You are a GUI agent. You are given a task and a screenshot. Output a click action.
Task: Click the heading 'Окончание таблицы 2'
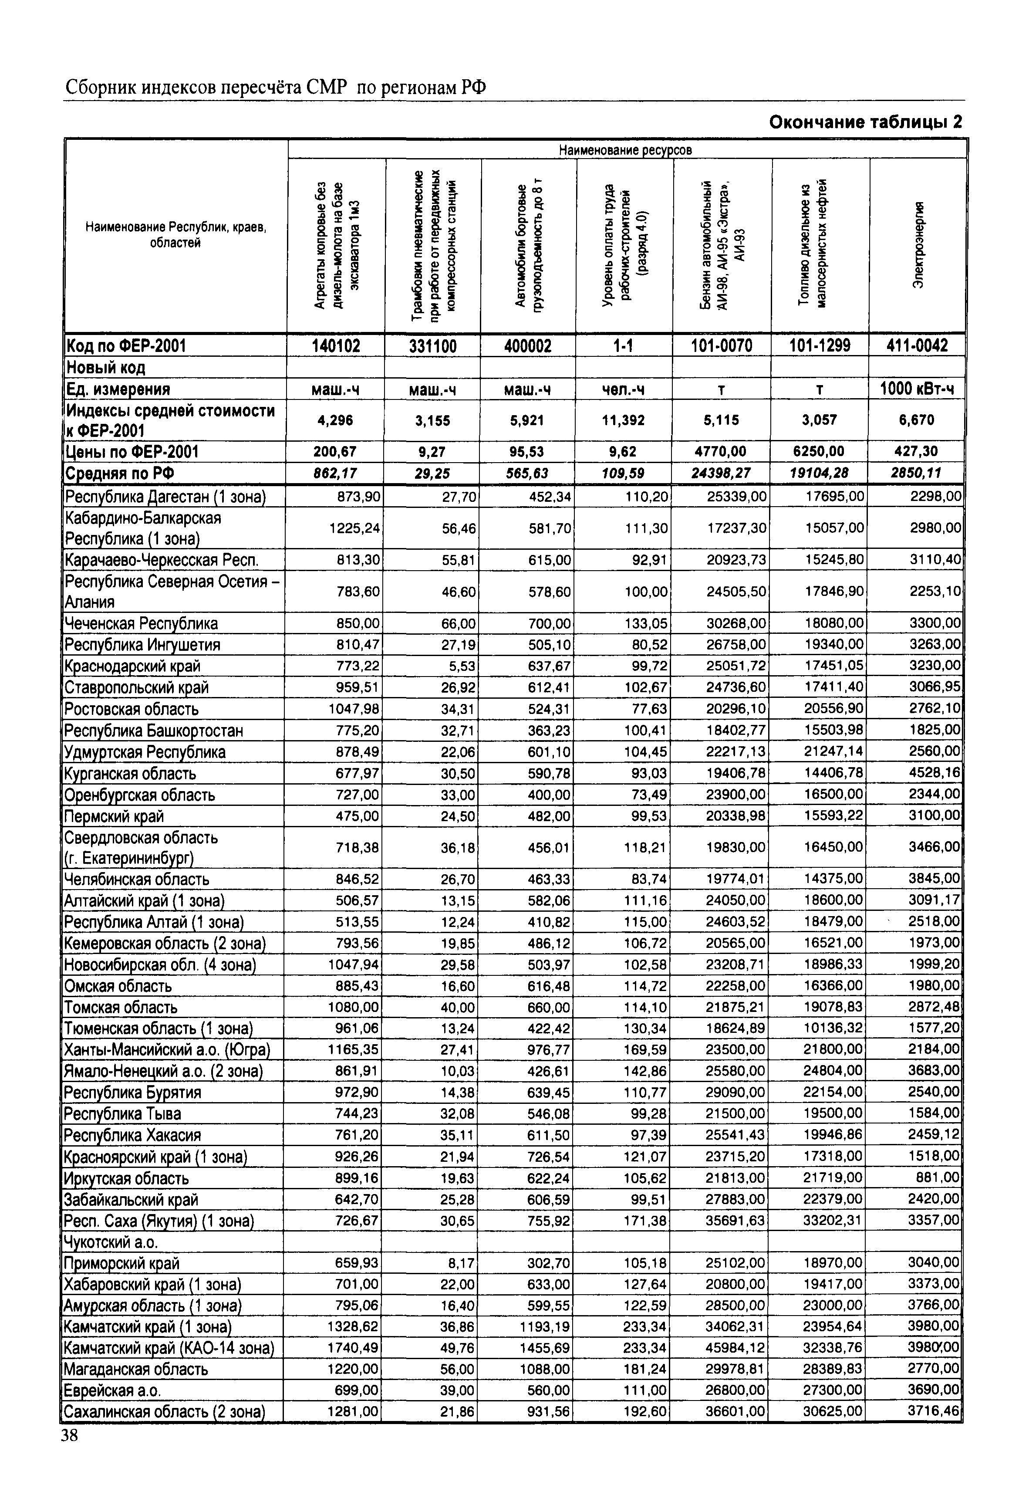tap(865, 122)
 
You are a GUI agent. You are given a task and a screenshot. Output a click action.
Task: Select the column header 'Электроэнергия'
tap(918, 245)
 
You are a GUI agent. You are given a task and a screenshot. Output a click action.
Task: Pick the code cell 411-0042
tap(918, 345)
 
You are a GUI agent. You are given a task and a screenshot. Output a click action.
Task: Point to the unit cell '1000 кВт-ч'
tap(918, 389)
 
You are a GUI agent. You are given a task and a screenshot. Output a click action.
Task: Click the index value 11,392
tap(624, 420)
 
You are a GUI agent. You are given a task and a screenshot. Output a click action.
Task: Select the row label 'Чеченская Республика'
tap(141, 623)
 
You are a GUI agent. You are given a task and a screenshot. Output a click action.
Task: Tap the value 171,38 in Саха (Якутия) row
tap(645, 1221)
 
